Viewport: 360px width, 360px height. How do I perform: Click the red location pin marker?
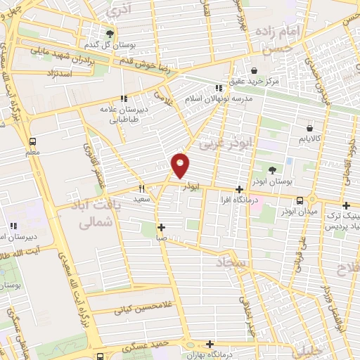[x=181, y=165]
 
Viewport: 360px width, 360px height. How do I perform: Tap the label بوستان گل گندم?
[x=109, y=46]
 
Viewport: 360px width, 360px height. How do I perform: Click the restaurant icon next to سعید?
[x=141, y=188]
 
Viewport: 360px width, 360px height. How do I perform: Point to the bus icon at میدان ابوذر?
[x=300, y=200]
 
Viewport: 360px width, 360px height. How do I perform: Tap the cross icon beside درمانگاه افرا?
[x=240, y=189]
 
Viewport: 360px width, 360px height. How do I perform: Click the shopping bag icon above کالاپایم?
[x=309, y=128]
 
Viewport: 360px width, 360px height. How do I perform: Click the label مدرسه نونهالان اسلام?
[x=219, y=99]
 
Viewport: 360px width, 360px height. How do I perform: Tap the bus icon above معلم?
[x=33, y=140]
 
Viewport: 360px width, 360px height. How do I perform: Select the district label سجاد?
[x=233, y=263]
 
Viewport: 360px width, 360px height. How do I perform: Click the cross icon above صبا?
[x=162, y=227]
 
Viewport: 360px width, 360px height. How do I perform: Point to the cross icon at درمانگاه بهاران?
[x=210, y=344]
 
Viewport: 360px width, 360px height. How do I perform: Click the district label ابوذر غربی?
[x=224, y=144]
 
